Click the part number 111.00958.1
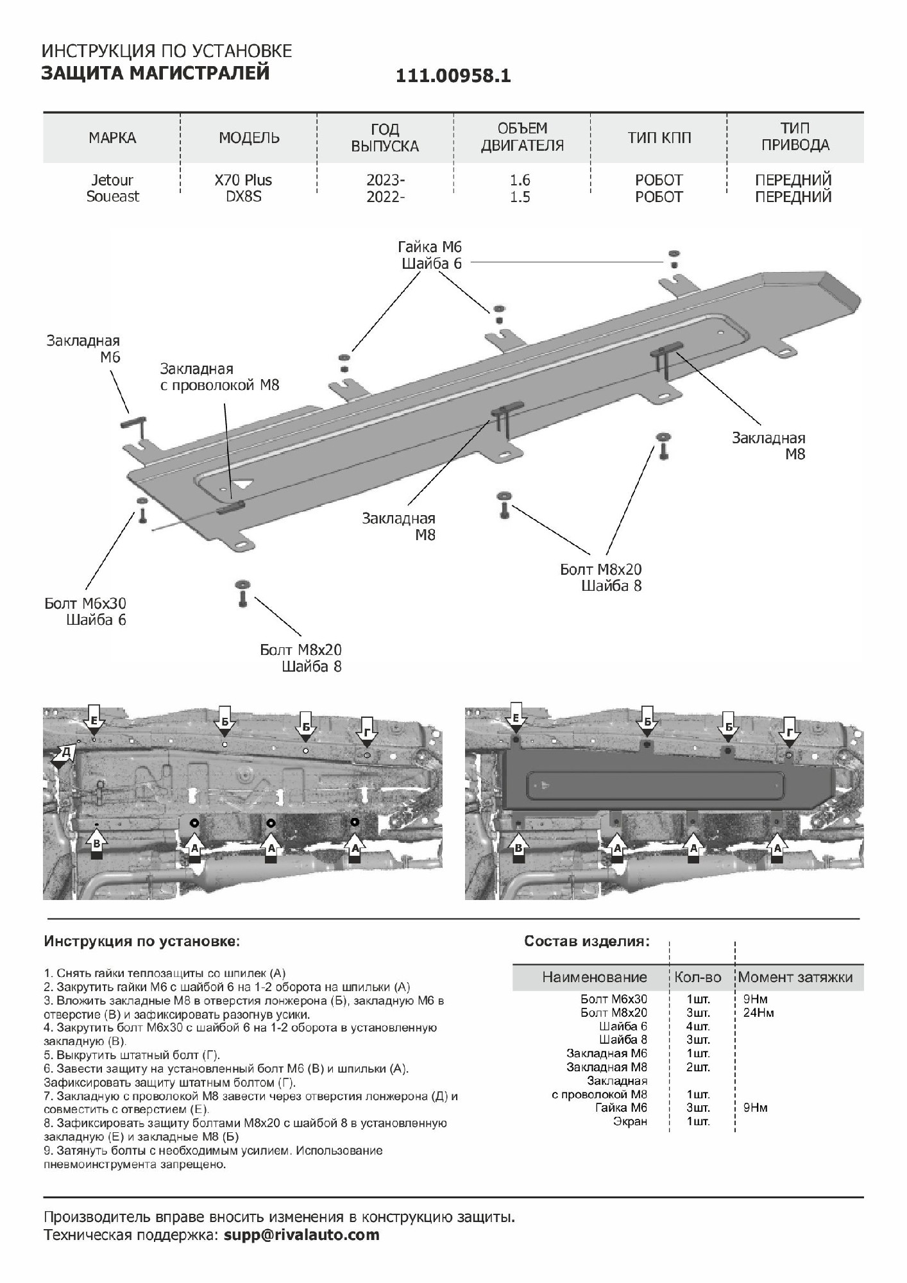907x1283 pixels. [453, 76]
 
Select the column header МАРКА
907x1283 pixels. [112, 137]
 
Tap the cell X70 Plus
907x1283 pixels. [243, 180]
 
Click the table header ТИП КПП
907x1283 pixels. [659, 137]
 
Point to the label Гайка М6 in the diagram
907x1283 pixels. [429, 247]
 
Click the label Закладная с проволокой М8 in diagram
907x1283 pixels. [219, 377]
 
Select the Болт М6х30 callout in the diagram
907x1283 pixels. [85, 604]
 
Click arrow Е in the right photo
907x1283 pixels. [516, 720]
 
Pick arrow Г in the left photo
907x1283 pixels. [366, 732]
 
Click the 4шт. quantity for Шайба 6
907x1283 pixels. [698, 1026]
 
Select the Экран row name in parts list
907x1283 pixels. [630, 1121]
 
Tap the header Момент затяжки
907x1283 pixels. [795, 977]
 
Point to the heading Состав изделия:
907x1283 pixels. [586, 941]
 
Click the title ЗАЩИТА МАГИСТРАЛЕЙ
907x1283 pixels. [155, 73]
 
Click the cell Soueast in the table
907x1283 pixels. [112, 196]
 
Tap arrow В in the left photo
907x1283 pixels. [96, 844]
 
